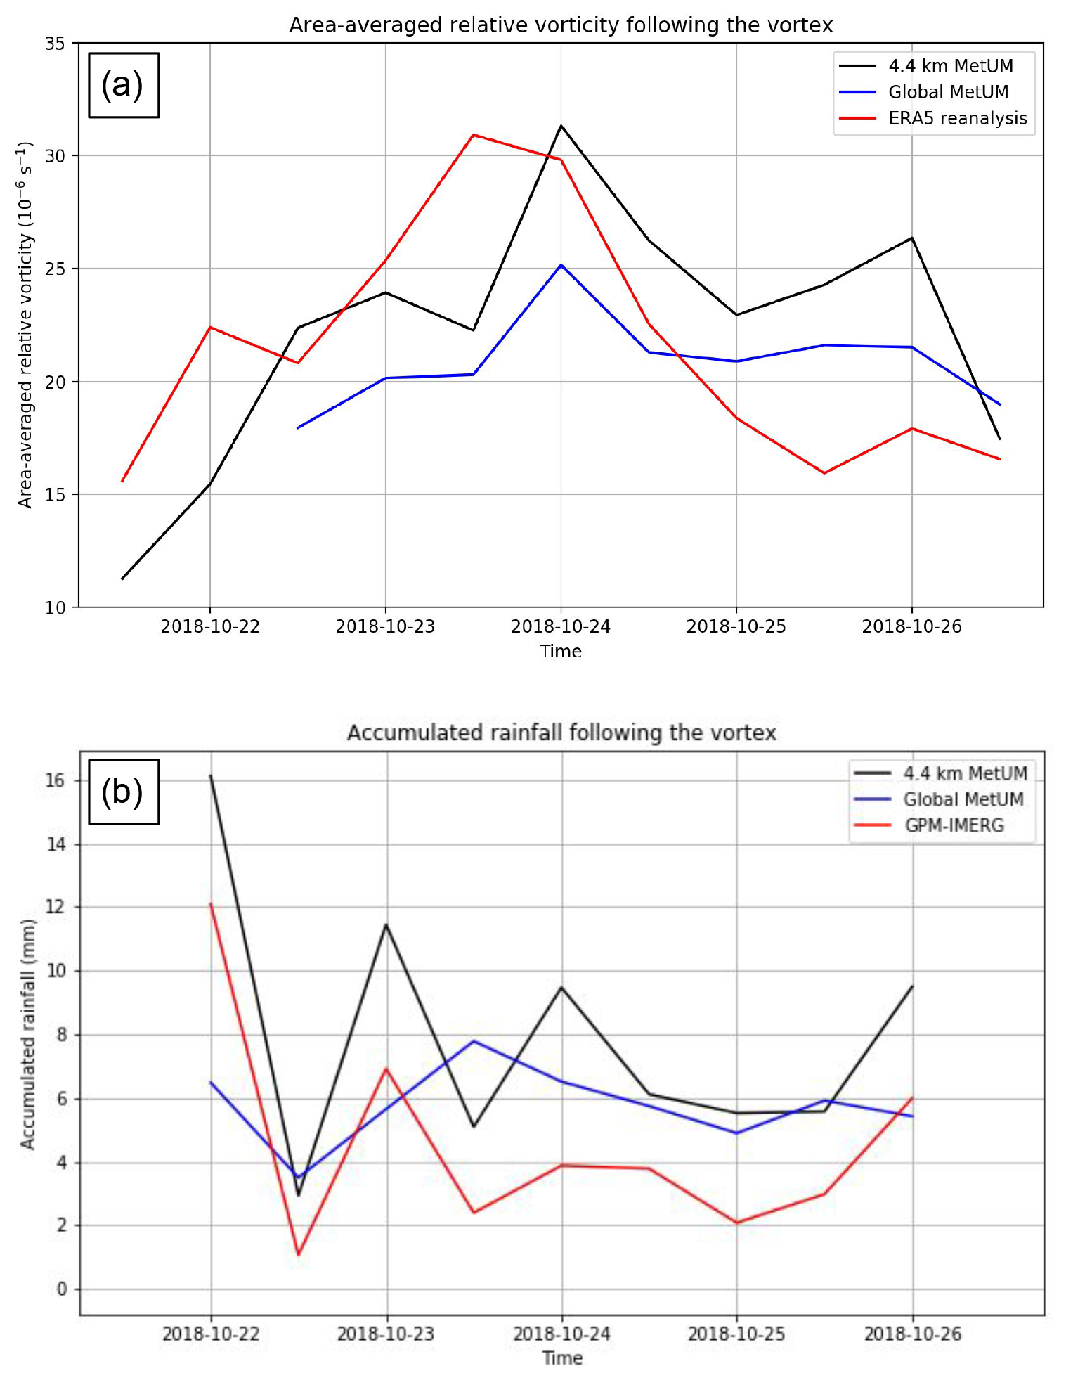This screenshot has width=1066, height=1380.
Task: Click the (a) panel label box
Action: (123, 85)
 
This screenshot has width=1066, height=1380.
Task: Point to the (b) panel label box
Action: (123, 792)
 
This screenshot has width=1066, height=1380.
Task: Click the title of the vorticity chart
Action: (561, 25)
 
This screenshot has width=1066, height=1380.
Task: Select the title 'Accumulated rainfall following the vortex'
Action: (561, 733)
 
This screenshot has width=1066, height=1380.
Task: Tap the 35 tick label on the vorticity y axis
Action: (55, 44)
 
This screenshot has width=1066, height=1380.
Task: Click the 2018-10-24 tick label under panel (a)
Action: (561, 626)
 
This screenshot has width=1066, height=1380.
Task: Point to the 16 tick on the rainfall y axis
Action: (56, 780)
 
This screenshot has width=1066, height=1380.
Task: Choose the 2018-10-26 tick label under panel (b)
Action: (912, 1334)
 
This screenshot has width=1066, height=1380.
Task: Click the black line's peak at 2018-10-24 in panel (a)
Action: (561, 126)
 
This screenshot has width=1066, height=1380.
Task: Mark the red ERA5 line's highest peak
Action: (474, 134)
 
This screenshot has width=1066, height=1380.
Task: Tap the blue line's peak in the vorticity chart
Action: (561, 265)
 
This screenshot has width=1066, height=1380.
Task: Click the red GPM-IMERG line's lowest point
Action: (298, 1255)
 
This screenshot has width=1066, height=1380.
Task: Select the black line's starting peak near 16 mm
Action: (210, 775)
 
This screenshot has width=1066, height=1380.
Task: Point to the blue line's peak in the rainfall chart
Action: (474, 1041)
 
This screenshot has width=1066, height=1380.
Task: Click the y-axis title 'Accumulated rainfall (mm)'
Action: (27, 1033)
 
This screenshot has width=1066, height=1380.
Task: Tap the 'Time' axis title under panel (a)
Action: (561, 651)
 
